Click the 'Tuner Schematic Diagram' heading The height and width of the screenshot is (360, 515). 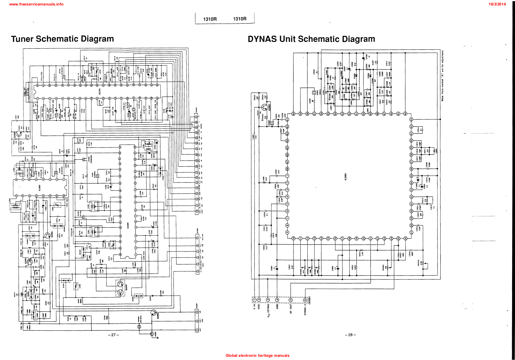[62, 39]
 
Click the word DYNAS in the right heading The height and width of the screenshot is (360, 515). [262, 39]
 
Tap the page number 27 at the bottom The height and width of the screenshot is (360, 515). [113, 335]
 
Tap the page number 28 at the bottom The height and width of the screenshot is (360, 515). [350, 335]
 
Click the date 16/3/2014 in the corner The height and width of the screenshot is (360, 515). [497, 4]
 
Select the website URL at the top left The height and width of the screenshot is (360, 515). [36, 4]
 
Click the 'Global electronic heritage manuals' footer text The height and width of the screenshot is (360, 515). [257, 355]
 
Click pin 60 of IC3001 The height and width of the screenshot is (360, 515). [294, 114]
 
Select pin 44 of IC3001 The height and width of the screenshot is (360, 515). [406, 114]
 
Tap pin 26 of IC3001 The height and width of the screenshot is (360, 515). [406, 238]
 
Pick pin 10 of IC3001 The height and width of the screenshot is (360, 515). [294, 238]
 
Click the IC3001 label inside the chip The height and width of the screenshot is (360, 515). [346, 176]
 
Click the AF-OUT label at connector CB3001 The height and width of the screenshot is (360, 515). [291, 309]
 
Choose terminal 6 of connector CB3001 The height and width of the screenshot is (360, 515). [305, 300]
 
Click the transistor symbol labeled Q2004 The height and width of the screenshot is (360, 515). [19, 134]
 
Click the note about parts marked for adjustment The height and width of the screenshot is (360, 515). [443, 76]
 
